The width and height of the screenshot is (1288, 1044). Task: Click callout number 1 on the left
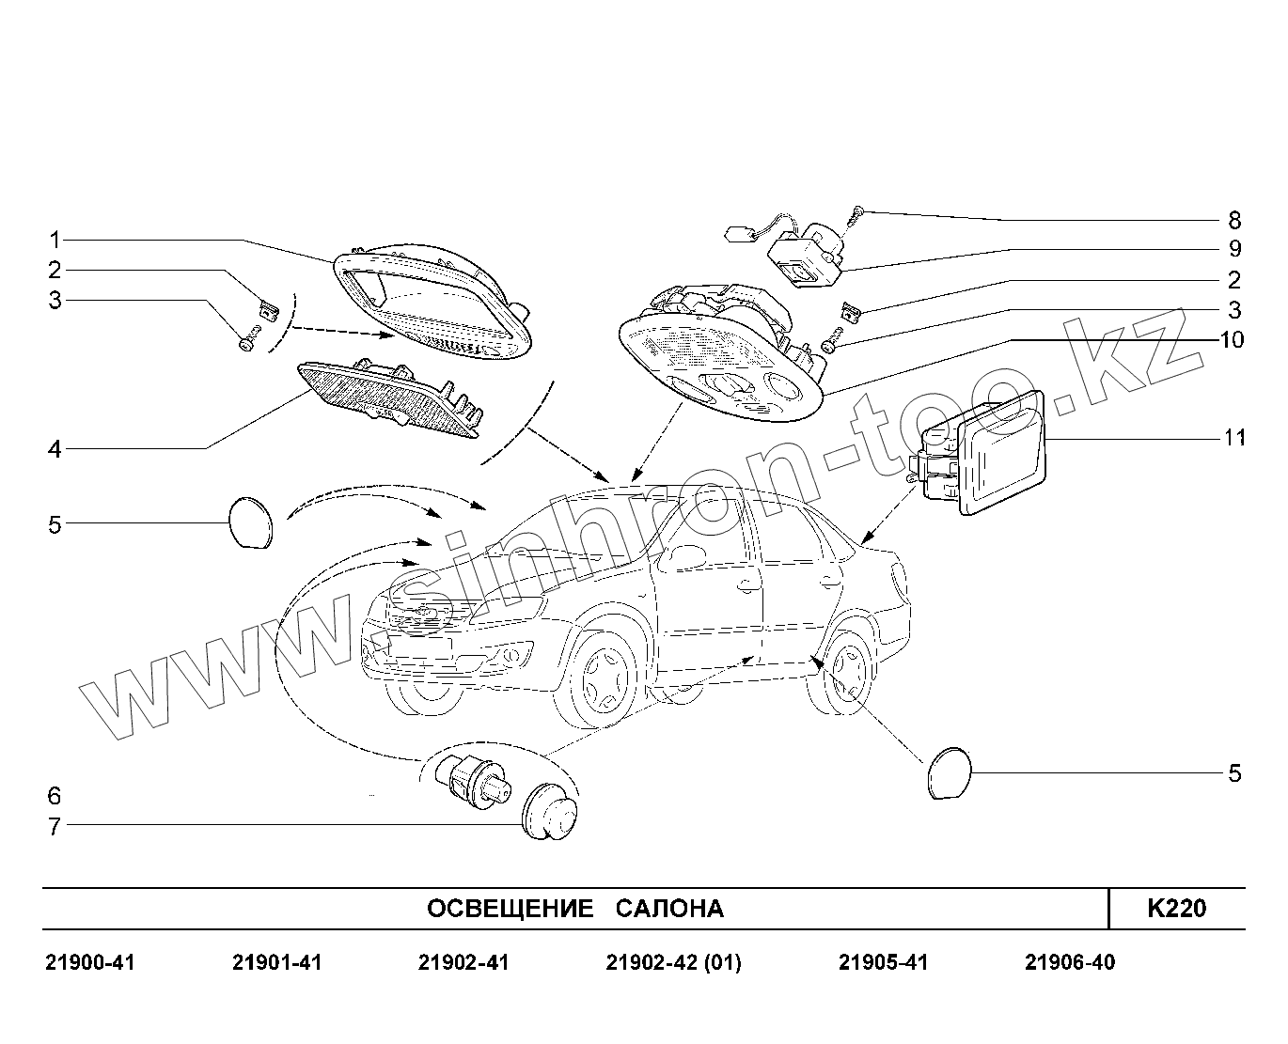tap(55, 240)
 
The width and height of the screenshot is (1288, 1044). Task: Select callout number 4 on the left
tap(55, 449)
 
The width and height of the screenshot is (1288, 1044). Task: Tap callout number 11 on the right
tap(1234, 438)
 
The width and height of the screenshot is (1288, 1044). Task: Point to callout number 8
tap(1234, 221)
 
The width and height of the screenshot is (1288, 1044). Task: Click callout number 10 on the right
tap(1232, 339)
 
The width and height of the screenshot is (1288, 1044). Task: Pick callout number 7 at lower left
tap(55, 827)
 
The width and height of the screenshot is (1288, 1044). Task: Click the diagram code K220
tap(1176, 909)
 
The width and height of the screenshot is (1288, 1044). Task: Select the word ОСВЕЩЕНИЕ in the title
tap(510, 909)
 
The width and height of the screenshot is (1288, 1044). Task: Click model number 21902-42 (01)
tap(673, 963)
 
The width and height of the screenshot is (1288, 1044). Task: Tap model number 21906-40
tap(1070, 963)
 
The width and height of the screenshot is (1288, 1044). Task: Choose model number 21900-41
tap(90, 963)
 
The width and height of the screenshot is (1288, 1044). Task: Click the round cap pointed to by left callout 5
tap(250, 522)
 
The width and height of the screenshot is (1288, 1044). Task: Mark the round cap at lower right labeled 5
tap(948, 773)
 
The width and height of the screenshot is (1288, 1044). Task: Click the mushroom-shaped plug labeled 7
tap(550, 810)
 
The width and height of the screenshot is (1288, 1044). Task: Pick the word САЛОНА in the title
tap(669, 909)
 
